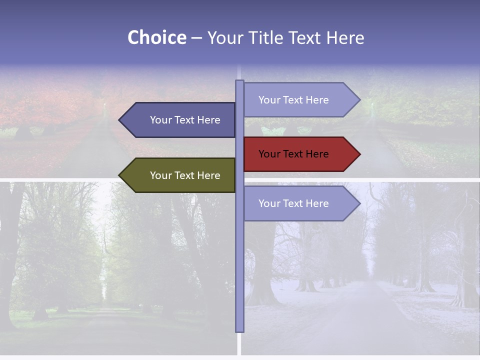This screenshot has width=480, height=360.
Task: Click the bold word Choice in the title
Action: pyautogui.click(x=156, y=37)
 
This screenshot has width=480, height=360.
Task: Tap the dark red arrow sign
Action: pyautogui.click(x=300, y=154)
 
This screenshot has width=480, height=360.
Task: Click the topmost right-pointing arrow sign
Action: pyautogui.click(x=300, y=100)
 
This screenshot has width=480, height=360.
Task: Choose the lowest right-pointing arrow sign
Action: pyautogui.click(x=300, y=203)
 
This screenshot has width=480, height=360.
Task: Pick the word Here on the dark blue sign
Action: pyautogui.click(x=209, y=120)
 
